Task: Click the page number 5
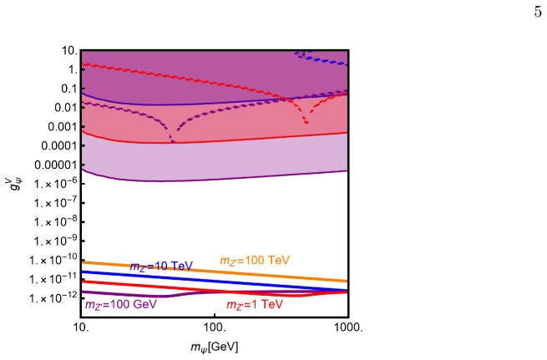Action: coord(538,13)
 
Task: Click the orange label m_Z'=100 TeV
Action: coord(255,261)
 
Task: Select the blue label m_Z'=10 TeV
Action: coord(161,266)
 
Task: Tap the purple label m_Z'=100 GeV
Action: coord(121,305)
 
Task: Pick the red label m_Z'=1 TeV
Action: coord(255,305)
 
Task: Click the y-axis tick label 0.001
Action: coord(62,127)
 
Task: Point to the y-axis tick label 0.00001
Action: coord(55,165)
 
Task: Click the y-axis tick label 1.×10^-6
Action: coord(55,184)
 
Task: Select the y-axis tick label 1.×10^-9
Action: coord(55,241)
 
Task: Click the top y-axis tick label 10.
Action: coord(69,51)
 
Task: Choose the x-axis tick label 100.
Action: coord(215,328)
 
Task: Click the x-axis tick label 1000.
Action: coord(348,328)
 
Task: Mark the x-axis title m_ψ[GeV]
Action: coord(215,347)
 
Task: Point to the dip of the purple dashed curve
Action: coord(173,141)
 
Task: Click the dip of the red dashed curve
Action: coord(306,122)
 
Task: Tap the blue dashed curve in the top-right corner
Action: coord(321,58)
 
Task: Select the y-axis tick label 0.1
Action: coord(69,89)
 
